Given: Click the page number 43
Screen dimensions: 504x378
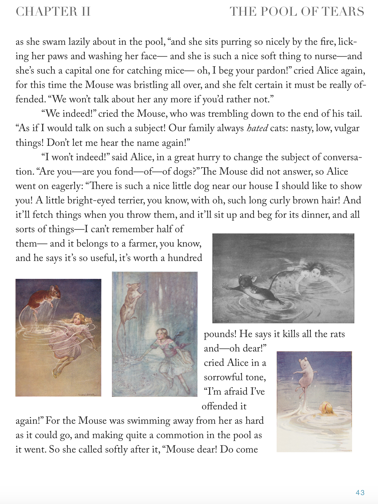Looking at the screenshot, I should [x=360, y=492].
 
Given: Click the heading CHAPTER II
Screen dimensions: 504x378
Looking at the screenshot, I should [x=53, y=12].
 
